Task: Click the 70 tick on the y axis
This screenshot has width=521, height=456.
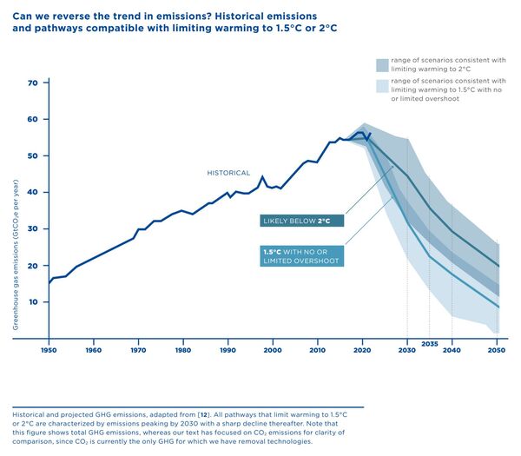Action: point(33,83)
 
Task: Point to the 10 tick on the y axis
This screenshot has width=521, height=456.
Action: point(33,301)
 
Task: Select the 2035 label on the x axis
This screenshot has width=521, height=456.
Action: point(429,344)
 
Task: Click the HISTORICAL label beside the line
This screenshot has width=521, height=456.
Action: point(228,173)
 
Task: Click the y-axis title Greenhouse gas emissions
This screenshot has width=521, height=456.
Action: point(16,256)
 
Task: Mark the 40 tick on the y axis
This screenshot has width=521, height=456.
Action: point(33,192)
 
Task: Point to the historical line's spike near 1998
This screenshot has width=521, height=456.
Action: point(262,177)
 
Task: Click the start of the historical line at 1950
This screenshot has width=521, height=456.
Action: point(49,282)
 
